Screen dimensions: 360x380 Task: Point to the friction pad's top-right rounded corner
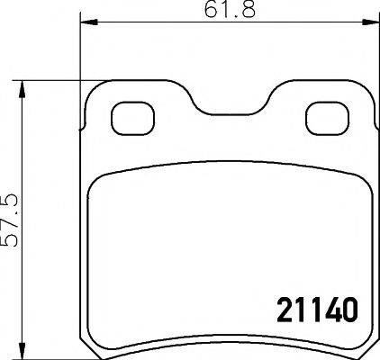[348, 178]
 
